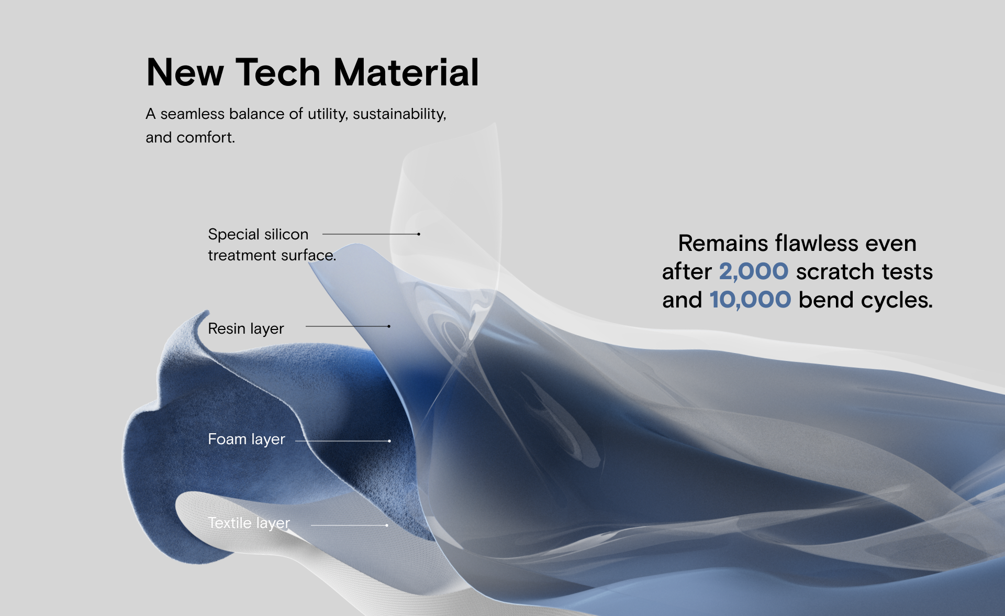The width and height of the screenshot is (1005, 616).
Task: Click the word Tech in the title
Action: tap(278, 72)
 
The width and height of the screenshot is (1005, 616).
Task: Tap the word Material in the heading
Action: tap(406, 72)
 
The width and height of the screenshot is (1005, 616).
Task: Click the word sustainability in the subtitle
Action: tap(399, 114)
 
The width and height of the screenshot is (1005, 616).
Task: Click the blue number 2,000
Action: tap(754, 272)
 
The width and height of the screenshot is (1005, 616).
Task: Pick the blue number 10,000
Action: tap(750, 300)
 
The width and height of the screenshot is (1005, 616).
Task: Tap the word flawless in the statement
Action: tap(817, 244)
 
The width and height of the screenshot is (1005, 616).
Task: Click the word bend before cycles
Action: tap(827, 300)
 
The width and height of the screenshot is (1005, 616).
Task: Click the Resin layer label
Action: tap(246, 328)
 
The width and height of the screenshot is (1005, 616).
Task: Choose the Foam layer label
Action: tap(247, 439)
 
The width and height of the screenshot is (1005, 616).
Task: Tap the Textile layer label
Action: tap(249, 523)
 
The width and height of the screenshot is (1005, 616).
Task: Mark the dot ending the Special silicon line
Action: tap(419, 234)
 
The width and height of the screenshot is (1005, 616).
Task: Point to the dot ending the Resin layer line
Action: tap(389, 326)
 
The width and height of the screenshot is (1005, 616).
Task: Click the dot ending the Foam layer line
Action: tap(389, 441)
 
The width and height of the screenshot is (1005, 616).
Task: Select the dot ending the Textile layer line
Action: tap(387, 525)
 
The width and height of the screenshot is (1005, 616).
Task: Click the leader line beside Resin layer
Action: tap(347, 326)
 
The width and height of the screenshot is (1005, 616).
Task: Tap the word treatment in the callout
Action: tap(242, 255)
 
